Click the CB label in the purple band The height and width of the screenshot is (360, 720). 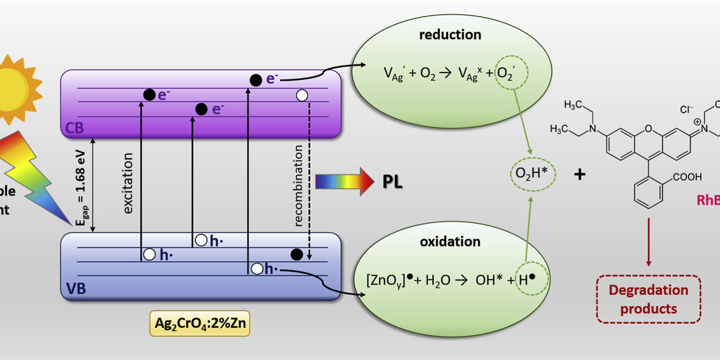pyautogui.click(x=74, y=128)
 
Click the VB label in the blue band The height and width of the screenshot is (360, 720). pyautogui.click(x=76, y=289)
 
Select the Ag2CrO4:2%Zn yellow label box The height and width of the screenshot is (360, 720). pyautogui.click(x=200, y=323)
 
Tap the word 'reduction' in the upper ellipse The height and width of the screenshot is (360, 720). pyautogui.click(x=450, y=35)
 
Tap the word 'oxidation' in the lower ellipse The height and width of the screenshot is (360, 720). pyautogui.click(x=450, y=242)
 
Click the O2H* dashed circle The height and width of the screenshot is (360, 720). pyautogui.click(x=533, y=174)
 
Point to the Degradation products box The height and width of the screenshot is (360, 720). pyautogui.click(x=648, y=299)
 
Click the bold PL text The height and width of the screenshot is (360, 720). pyautogui.click(x=392, y=182)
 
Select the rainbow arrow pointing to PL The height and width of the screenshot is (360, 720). pyautogui.click(x=344, y=181)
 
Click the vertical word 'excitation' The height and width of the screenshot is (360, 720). pyautogui.click(x=128, y=183)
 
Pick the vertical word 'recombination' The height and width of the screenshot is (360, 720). pyautogui.click(x=298, y=185)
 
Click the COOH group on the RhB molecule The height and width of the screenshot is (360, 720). pyautogui.click(x=687, y=177)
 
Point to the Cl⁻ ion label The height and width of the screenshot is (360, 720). pyautogui.click(x=686, y=109)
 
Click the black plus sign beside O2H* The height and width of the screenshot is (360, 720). pyautogui.click(x=580, y=175)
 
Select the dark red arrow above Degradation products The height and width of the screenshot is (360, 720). pyautogui.click(x=648, y=242)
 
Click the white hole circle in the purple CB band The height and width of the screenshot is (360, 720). pyautogui.click(x=302, y=96)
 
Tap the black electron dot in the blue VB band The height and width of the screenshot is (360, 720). pyautogui.click(x=297, y=255)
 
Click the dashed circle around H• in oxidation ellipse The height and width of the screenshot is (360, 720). pyautogui.click(x=532, y=279)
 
